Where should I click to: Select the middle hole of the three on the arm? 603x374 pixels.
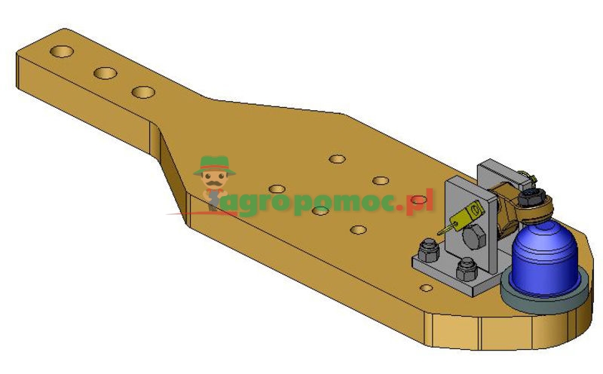tap(105, 73)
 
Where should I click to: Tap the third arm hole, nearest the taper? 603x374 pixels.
tap(142, 92)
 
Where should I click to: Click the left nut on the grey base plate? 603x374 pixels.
tap(427, 248)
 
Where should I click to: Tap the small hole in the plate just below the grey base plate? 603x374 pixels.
tap(427, 287)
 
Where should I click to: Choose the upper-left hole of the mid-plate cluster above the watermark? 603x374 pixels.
tap(337, 159)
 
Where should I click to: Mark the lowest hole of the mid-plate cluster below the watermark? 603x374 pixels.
tap(358, 228)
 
